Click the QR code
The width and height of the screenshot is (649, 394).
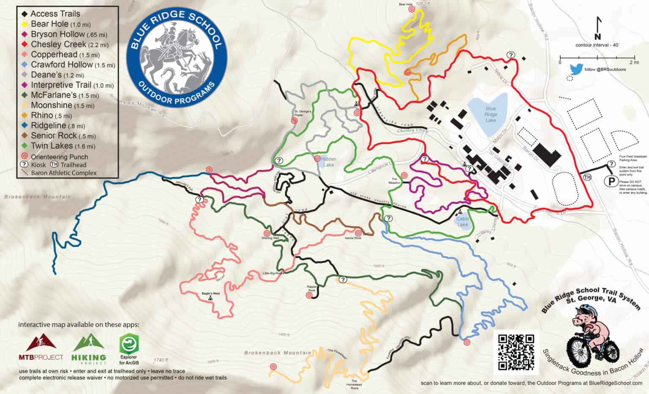(x=516, y=352)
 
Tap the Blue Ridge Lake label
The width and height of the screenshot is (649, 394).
(x=491, y=114)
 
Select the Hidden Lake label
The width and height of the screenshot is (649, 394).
(x=328, y=162)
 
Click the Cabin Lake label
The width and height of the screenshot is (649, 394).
(x=463, y=222)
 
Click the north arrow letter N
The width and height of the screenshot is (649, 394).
(x=597, y=37)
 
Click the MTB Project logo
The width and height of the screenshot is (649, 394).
(x=41, y=348)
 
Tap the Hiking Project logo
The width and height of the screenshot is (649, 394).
(x=89, y=349)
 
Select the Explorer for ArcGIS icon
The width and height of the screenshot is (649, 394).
(x=129, y=349)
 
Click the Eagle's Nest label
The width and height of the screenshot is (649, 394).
(x=210, y=293)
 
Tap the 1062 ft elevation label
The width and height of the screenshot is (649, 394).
(x=422, y=4)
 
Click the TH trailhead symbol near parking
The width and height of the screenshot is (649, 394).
(x=587, y=177)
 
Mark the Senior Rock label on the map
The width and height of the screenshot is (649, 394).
(x=353, y=238)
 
